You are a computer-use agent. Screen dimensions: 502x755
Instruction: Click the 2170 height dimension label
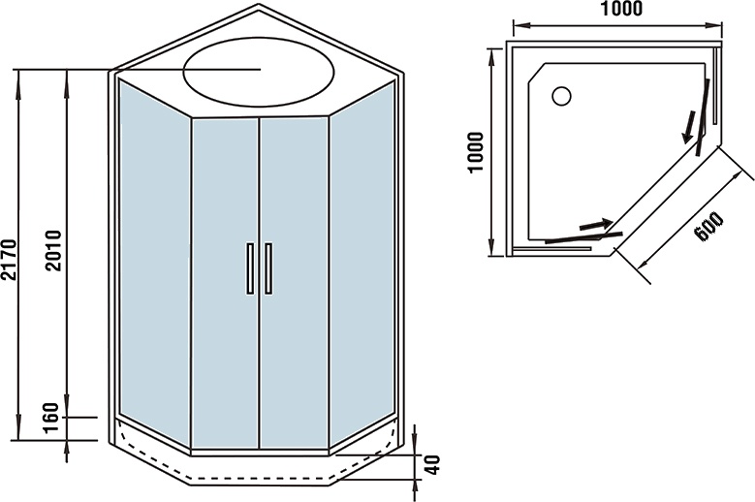click(9, 259)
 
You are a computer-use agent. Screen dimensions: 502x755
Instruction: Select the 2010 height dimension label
click(53, 249)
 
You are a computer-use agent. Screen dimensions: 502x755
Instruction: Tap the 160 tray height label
click(54, 424)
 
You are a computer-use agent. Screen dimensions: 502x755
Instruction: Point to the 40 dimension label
click(432, 466)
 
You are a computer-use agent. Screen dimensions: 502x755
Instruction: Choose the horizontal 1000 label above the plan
click(620, 10)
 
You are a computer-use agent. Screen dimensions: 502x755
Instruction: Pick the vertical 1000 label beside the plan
click(474, 150)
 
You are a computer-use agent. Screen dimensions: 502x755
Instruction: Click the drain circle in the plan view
click(561, 95)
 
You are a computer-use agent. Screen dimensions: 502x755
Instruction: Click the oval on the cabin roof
click(261, 70)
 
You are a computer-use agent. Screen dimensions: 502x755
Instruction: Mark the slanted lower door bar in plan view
click(582, 236)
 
